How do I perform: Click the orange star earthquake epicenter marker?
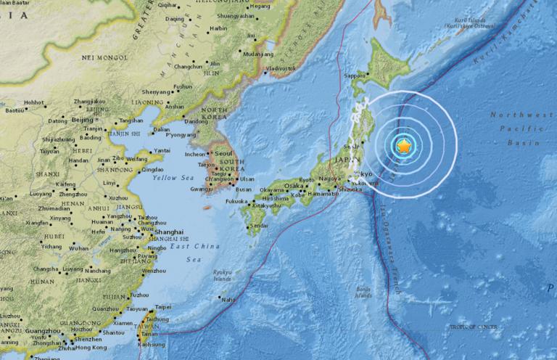pos(405,147)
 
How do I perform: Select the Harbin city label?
pos(218,28)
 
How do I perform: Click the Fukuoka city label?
pos(236,200)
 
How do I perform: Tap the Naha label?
pos(228,299)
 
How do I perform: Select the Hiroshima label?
pos(276,198)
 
